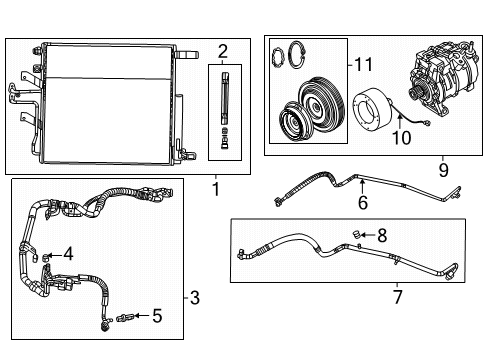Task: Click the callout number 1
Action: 217,186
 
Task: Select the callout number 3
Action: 194,296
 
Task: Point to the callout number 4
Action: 68,254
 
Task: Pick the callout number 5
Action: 156,317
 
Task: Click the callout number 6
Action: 363,203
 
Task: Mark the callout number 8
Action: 382,236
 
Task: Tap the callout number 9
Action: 443,170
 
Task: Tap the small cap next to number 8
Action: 356,236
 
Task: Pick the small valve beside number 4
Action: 47,256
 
